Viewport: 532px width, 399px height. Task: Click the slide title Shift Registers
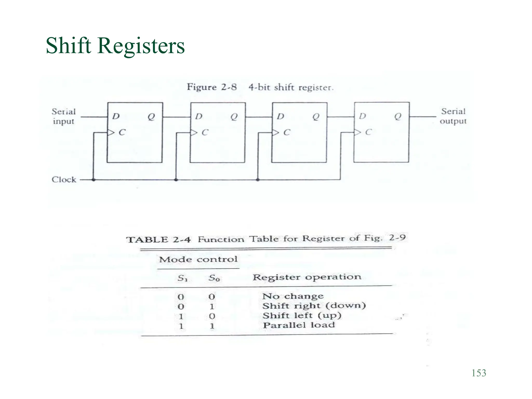point(115,46)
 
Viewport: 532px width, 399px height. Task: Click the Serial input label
point(64,116)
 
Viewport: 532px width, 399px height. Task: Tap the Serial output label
point(453,116)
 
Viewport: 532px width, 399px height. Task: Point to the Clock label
point(64,179)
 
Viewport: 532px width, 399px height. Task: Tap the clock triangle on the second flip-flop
point(194,132)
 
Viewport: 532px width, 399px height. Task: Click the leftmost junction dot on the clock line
point(94,179)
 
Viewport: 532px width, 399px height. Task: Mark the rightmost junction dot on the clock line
point(258,179)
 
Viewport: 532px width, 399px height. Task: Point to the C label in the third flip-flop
point(287,132)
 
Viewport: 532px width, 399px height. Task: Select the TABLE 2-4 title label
point(159,240)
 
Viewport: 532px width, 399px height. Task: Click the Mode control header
point(198,259)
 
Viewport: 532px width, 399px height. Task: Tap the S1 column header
point(182,278)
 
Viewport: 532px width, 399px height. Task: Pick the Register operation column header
point(307,277)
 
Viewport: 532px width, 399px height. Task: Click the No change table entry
point(293,296)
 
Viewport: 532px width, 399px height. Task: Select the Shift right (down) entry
point(314,306)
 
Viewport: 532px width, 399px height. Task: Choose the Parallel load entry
point(299,325)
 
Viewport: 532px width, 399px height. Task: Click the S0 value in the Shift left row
point(212,316)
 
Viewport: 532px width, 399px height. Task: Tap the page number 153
point(479,373)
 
